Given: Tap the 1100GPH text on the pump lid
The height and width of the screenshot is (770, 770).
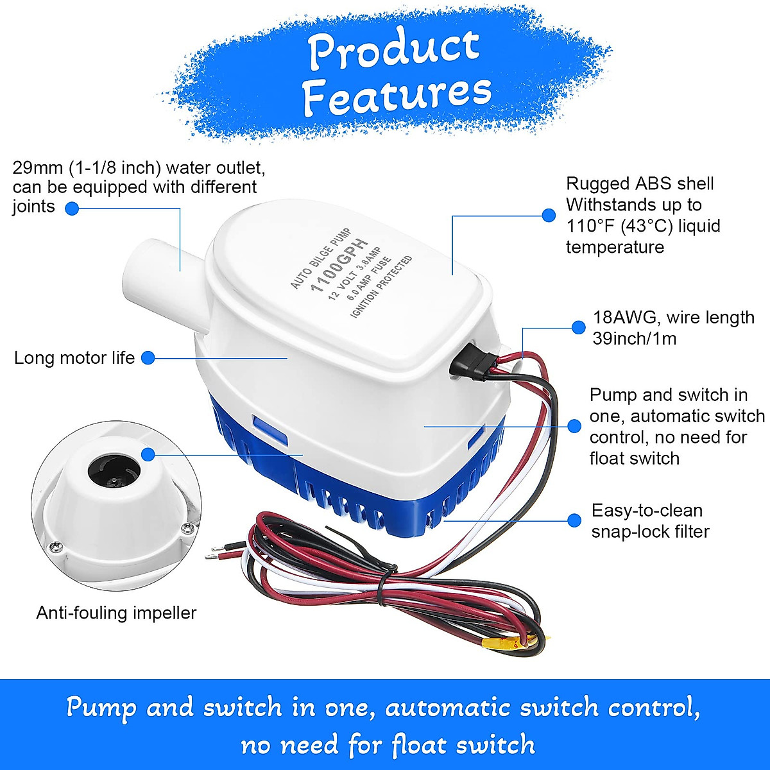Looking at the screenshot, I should (339, 264).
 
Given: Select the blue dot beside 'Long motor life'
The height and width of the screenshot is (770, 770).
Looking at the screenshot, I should (148, 358).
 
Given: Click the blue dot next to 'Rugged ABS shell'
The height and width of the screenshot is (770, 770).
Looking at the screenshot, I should (549, 216).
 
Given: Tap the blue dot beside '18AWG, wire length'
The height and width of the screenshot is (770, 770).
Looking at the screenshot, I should (579, 328).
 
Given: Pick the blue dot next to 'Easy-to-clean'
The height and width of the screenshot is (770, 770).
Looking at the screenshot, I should (574, 520).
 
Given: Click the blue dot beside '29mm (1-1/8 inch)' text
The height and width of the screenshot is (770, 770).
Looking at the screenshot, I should (72, 208).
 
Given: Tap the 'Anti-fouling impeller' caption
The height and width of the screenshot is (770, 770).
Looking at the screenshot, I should (116, 613).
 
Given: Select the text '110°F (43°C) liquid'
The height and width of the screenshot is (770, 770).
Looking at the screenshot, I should (643, 226).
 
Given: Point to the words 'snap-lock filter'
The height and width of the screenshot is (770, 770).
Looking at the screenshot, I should (650, 532).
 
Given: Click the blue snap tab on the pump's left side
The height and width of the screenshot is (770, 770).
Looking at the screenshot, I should (269, 429).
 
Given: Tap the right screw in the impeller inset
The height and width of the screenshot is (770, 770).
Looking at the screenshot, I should (187, 527).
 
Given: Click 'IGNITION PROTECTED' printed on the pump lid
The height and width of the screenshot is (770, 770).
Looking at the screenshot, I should (381, 286).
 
